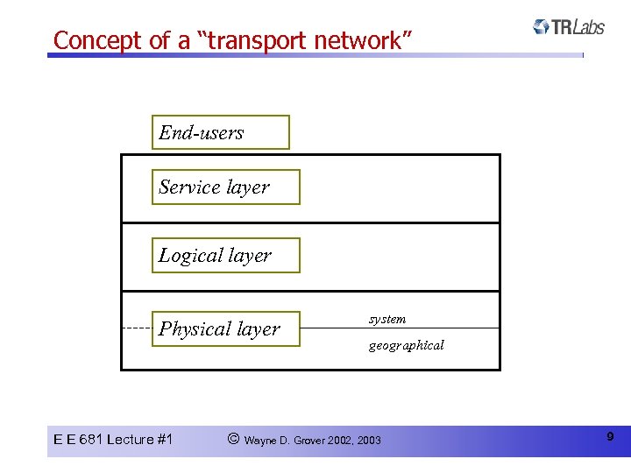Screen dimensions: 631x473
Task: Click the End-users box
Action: [220, 133]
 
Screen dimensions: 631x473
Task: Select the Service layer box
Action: [225, 187]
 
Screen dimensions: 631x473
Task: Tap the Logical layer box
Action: [225, 256]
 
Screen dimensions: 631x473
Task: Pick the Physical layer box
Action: [225, 329]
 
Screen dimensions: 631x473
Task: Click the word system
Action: [386, 319]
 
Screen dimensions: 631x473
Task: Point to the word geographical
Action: [406, 345]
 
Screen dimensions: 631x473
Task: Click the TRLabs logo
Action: [569, 27]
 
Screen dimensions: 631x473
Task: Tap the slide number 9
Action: [609, 436]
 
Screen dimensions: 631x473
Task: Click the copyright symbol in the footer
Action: [232, 439]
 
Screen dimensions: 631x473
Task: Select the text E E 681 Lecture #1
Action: [113, 439]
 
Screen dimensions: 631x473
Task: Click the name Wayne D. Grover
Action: [285, 440]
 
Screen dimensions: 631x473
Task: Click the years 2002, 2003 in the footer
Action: [355, 440]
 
